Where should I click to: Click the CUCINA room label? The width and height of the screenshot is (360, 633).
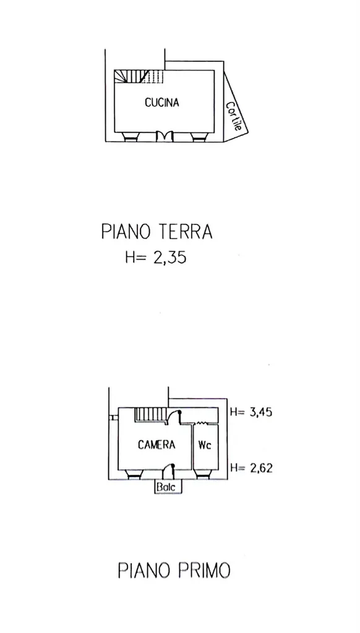(161, 103)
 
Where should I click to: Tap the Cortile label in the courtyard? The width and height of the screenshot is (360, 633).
(234, 116)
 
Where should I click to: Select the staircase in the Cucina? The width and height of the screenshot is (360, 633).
(139, 76)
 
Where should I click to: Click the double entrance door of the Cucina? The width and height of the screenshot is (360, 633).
(165, 136)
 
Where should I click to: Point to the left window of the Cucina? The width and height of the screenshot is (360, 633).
(131, 137)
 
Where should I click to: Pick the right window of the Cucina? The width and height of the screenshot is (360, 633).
(199, 137)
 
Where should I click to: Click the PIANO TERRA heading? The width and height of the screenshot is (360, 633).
(156, 232)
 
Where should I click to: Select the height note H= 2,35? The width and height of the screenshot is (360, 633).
(155, 257)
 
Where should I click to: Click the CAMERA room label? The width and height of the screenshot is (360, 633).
(156, 445)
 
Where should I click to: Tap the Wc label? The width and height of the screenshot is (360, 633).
(205, 445)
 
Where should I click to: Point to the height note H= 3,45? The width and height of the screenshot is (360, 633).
(251, 412)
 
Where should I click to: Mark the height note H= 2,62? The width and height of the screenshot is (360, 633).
(251, 468)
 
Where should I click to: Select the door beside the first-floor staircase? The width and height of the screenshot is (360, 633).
(174, 417)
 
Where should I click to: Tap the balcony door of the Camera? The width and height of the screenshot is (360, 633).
(168, 472)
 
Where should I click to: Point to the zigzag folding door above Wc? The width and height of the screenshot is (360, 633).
(202, 423)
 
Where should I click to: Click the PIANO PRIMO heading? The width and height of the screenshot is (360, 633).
(174, 571)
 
